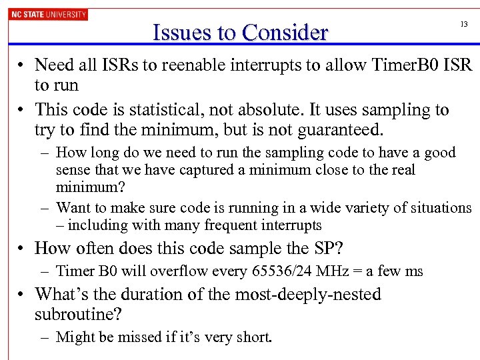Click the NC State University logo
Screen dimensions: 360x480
coord(48,14)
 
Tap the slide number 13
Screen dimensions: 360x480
coord(464,24)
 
